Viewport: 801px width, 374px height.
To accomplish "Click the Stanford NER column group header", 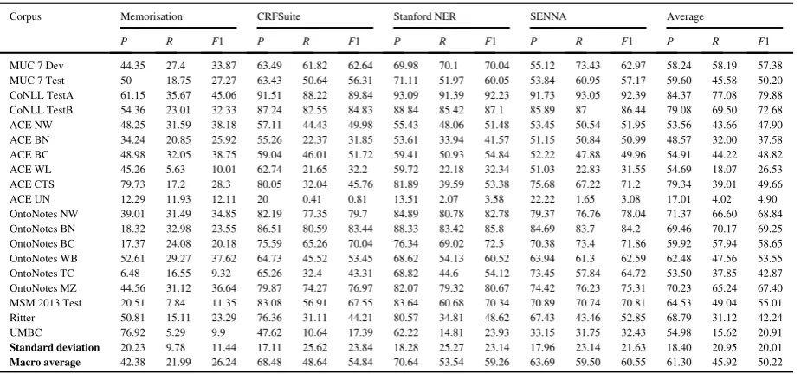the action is coord(424,16).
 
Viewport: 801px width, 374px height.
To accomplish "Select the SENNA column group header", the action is coord(548,16).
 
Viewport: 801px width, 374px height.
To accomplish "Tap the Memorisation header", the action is coord(152,16).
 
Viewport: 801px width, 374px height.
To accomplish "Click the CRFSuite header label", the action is coord(279,16).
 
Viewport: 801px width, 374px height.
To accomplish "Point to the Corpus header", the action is coord(25,16).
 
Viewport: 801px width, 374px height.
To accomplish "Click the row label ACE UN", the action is coord(29,199).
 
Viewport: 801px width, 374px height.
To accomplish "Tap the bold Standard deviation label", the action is coord(55,347).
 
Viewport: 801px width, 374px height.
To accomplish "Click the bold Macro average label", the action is coord(45,362).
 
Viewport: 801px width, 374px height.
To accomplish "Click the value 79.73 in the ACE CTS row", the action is coord(132,184).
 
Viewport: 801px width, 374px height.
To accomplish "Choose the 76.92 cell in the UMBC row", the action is coord(132,332).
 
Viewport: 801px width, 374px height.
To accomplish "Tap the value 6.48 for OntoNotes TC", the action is coord(129,274).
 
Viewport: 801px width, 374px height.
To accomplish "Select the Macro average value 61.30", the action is coord(677,362).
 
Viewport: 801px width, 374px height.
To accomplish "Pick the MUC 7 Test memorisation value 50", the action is coord(126,81).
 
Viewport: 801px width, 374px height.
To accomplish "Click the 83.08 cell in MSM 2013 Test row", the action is coord(268,303).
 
